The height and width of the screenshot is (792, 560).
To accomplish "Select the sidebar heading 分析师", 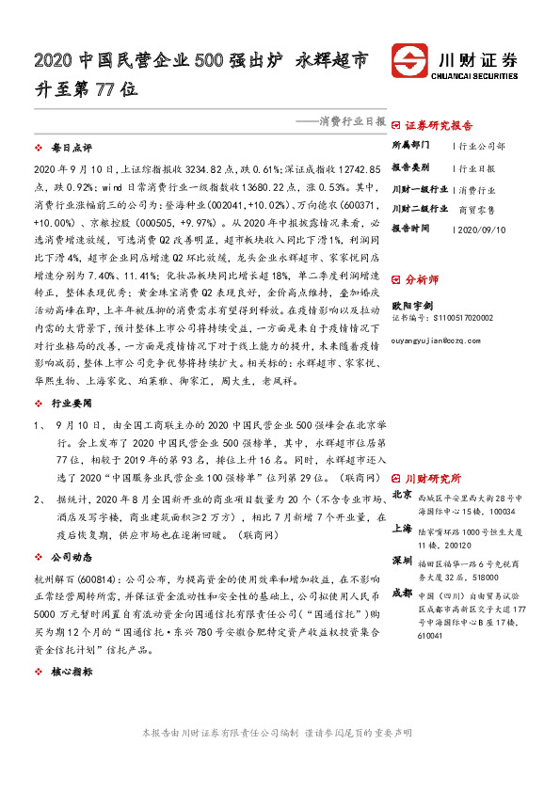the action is click(421, 279).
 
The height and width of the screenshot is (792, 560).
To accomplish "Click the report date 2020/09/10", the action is click(483, 229).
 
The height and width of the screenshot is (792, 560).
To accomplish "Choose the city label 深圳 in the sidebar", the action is click(402, 561).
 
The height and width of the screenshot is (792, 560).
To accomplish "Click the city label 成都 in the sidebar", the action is click(402, 594).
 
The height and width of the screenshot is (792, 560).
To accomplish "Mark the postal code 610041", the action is click(432, 636).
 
